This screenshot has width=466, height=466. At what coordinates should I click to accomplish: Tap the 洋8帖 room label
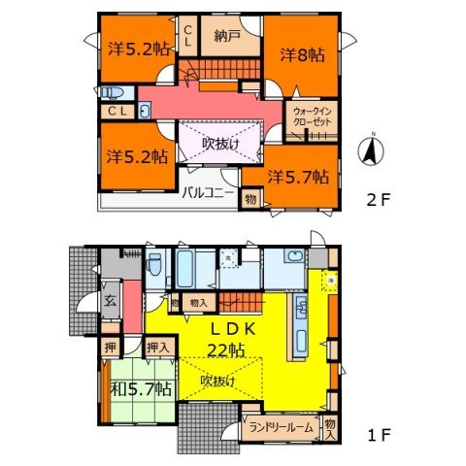301,54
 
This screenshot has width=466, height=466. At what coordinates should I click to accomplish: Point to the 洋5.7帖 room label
299,177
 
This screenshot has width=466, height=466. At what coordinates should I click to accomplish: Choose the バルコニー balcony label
209,191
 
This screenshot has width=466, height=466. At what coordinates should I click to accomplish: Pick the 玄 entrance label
111,299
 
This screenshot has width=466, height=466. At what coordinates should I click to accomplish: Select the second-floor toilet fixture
111,93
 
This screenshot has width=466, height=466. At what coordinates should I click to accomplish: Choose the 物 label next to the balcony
250,199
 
